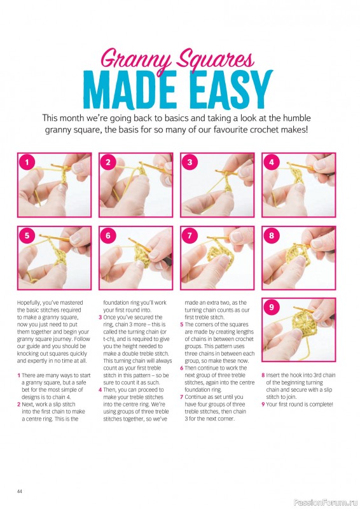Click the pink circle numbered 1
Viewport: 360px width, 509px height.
[x=27, y=162]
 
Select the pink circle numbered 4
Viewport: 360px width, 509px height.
[x=272, y=162]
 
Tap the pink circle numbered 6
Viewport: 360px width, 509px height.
[x=108, y=235]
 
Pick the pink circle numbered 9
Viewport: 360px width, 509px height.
[x=272, y=307]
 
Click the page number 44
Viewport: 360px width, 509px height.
[x=20, y=491]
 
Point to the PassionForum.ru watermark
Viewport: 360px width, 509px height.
[x=326, y=503]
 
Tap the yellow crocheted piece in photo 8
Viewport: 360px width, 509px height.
[x=297, y=256]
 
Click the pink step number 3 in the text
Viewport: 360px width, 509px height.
[x=100, y=317]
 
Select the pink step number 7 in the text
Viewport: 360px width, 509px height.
[x=182, y=397]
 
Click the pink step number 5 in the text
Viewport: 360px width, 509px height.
[x=182, y=324]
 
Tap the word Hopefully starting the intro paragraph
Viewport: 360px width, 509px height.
[x=29, y=303]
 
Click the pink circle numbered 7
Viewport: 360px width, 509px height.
[x=190, y=235]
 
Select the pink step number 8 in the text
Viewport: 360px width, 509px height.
[x=263, y=375]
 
